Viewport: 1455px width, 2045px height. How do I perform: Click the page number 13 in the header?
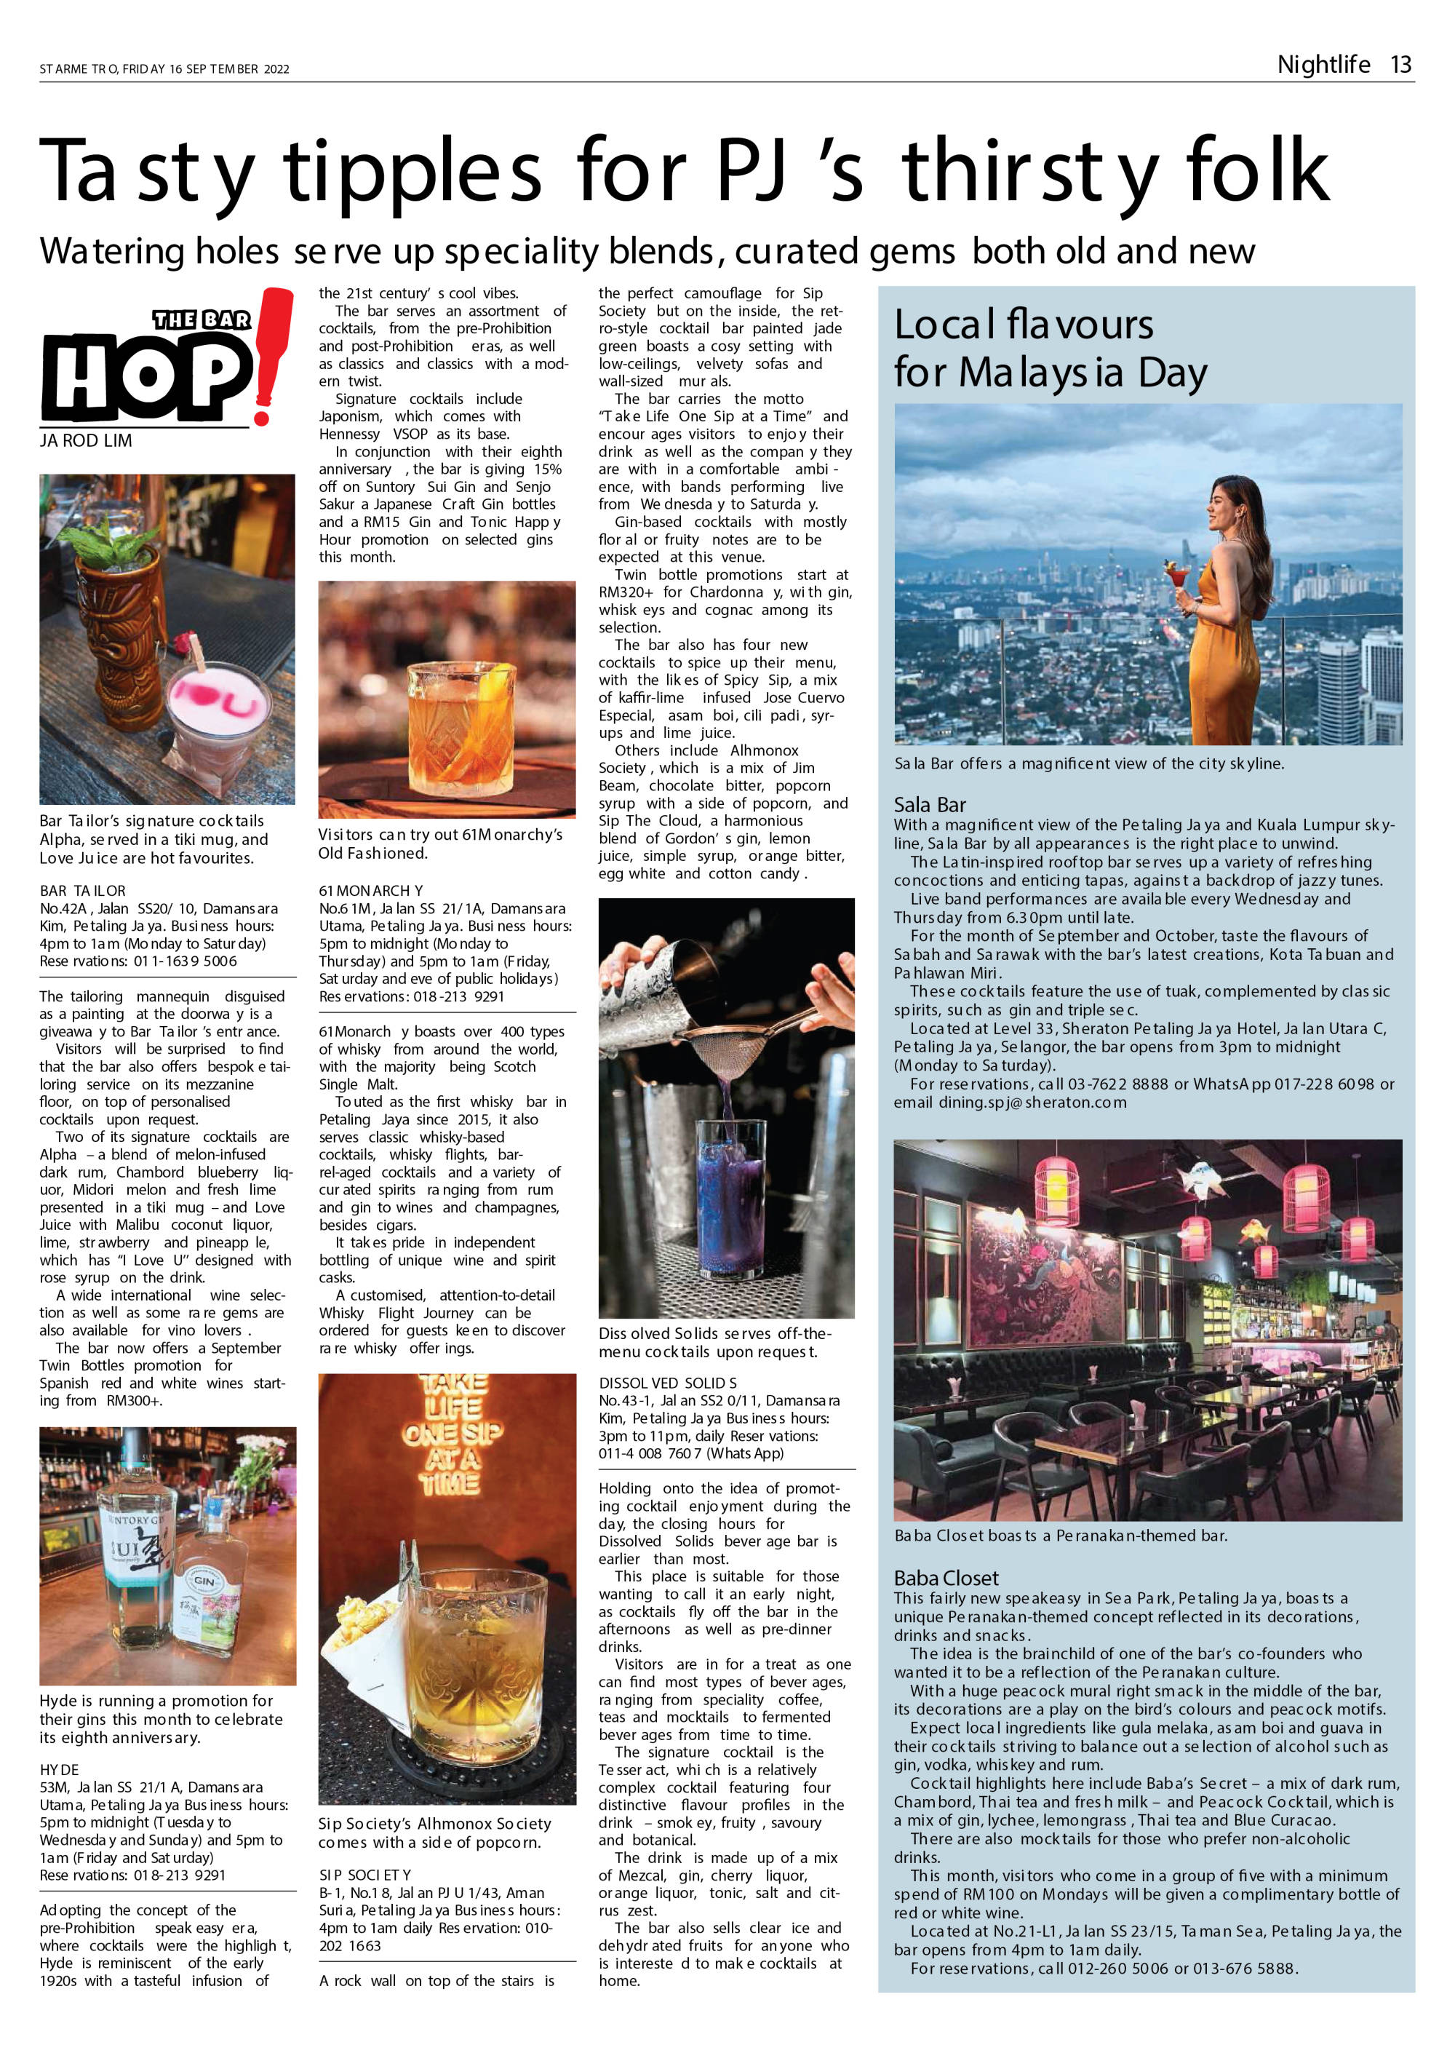1400,65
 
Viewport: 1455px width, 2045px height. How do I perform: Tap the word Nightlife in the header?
1323,65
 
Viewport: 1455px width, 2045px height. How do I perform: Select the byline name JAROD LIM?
86,441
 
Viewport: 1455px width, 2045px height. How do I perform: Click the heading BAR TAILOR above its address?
82,891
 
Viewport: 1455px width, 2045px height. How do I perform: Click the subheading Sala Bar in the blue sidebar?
929,804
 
